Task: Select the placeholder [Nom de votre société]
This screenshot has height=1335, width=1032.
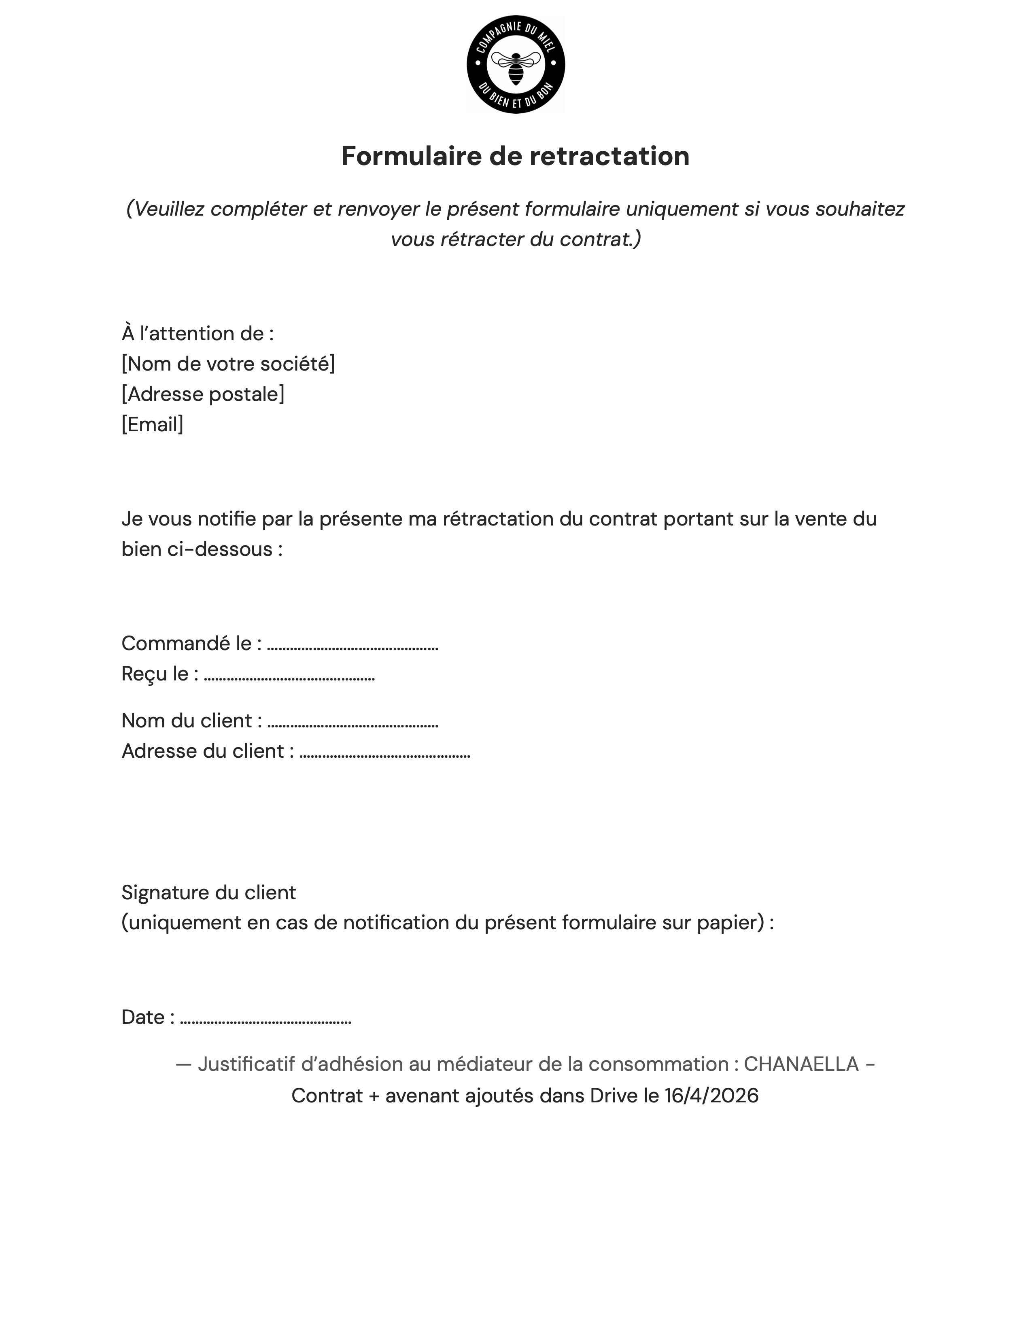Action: click(228, 364)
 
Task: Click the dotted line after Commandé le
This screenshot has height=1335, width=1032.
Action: click(353, 646)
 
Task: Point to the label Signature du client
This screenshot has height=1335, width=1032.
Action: click(208, 892)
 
